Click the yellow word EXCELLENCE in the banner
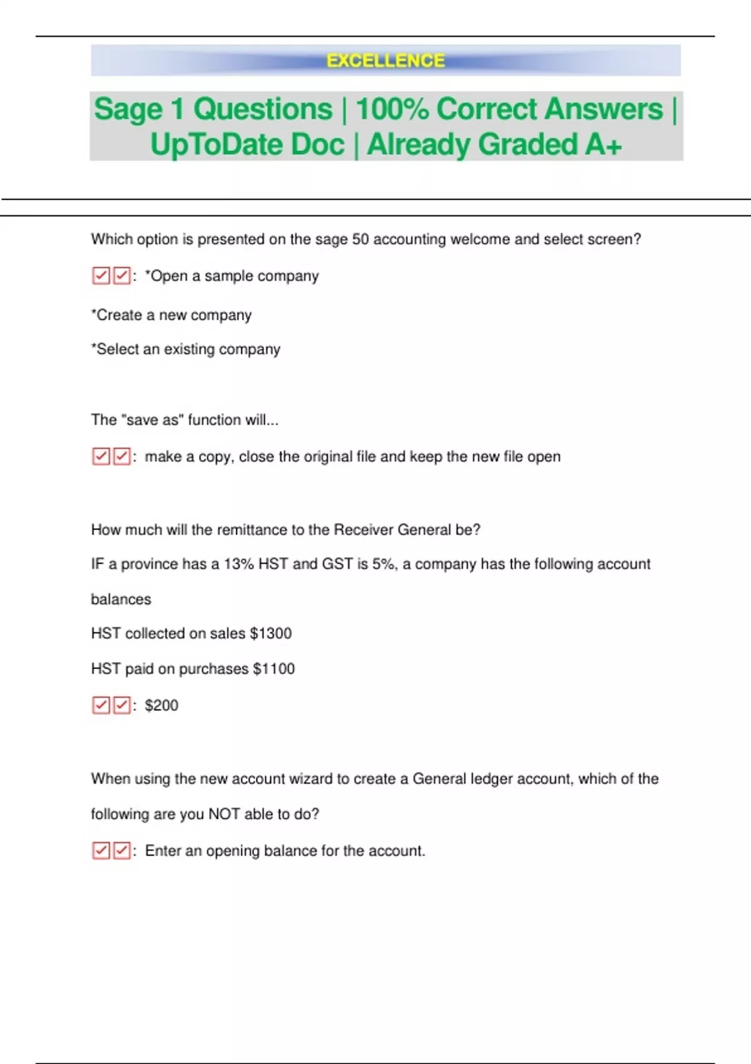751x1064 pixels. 386,61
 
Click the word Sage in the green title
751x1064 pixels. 128,110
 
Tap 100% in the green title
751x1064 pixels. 392,110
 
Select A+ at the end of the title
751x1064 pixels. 603,145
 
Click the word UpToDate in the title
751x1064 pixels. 247,145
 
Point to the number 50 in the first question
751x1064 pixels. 360,239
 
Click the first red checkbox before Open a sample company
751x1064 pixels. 101,275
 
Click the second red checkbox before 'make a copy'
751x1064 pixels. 121,456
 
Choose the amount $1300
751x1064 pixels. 270,633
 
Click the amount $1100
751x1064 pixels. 273,668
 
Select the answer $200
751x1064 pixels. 161,705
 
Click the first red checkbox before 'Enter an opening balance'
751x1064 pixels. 101,851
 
